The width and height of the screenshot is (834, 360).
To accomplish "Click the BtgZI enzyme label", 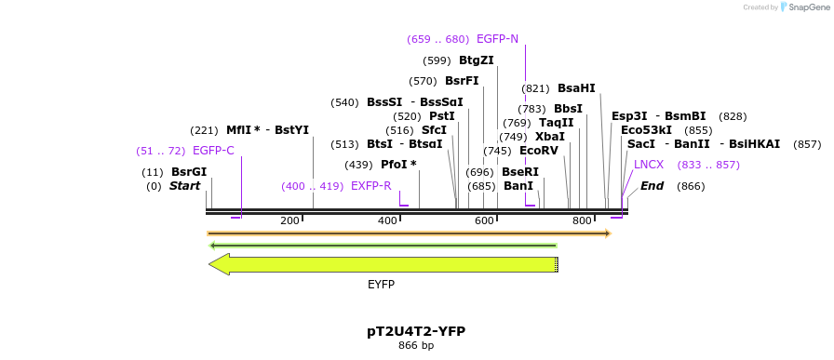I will click(476, 60).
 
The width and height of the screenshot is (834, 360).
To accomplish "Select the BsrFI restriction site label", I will click(462, 81).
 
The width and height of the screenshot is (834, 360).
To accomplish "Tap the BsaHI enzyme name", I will click(576, 88).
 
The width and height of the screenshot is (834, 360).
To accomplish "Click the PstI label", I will click(442, 116).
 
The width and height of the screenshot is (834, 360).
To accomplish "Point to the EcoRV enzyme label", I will click(538, 151).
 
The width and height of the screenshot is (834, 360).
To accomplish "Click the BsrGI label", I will click(189, 172).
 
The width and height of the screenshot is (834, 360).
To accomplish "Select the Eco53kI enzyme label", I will click(646, 130).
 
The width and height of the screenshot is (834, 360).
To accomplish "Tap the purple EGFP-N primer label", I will click(497, 39).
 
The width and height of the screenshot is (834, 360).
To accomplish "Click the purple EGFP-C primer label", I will click(213, 151).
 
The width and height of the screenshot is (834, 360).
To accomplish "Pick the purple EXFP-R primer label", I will click(371, 186).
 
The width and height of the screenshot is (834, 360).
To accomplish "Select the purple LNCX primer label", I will click(649, 165).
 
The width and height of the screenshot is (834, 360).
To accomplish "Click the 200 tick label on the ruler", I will click(289, 220).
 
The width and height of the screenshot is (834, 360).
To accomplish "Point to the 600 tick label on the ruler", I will click(484, 220).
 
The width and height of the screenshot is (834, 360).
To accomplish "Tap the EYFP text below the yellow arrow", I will click(381, 284).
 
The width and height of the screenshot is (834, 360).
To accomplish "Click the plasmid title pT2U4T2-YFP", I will click(416, 331).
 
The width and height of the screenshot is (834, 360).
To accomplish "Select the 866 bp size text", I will click(416, 346).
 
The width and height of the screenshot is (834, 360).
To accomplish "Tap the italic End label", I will click(652, 186).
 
